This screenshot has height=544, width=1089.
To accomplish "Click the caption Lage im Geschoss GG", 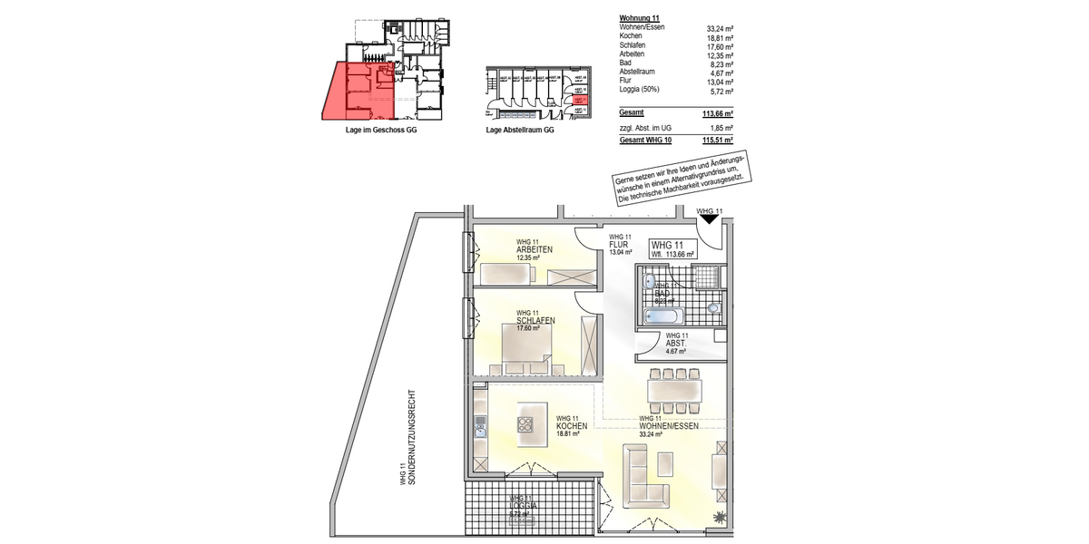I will click(381, 131).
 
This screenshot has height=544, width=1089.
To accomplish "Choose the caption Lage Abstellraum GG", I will click(520, 131).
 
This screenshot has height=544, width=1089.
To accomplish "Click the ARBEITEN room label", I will click(535, 250).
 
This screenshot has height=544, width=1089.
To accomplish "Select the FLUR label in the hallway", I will click(619, 245).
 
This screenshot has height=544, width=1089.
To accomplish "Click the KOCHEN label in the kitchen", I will click(573, 426).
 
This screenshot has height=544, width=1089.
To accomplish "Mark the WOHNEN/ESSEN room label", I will click(668, 426).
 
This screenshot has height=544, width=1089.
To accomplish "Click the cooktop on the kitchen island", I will click(526, 424).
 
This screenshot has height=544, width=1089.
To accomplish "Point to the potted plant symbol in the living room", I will click(721, 517).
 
